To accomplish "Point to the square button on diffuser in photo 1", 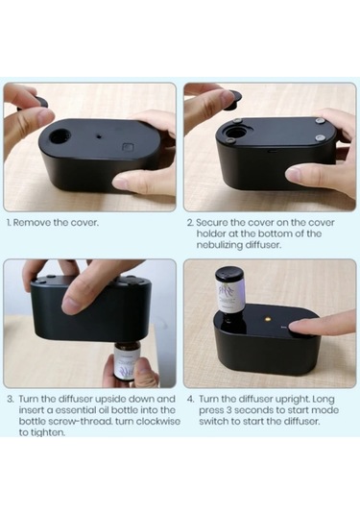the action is pyautogui.click(x=127, y=147).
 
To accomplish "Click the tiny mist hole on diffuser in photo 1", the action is pyautogui.click(x=99, y=135).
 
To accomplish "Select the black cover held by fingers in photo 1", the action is pyautogui.click(x=36, y=102).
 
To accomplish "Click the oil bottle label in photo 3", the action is pyautogui.click(x=126, y=364).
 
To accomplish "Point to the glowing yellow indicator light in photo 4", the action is pyautogui.click(x=268, y=318).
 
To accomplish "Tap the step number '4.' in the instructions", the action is pyautogui.click(x=191, y=400).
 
